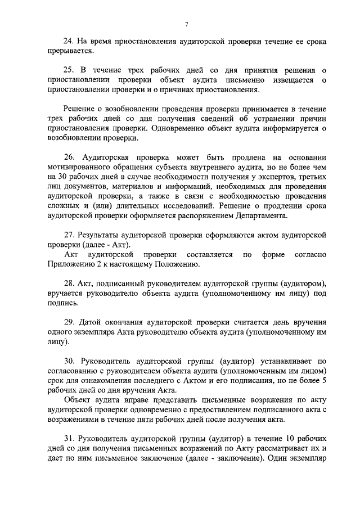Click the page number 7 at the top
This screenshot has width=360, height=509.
186,24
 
